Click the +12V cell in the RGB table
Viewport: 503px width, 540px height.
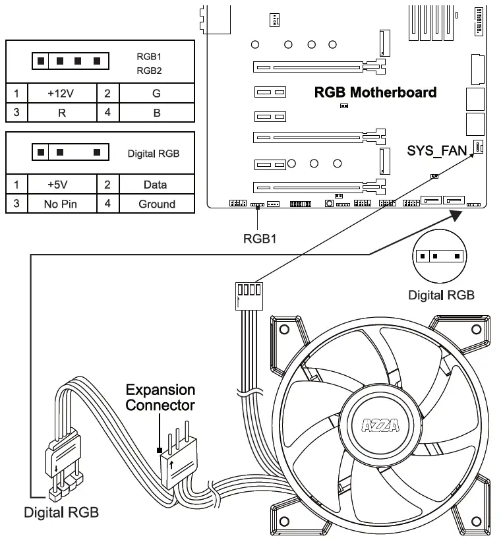pos(61,94)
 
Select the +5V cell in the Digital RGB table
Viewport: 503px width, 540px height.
pos(61,185)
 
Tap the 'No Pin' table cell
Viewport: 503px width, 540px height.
pos(61,204)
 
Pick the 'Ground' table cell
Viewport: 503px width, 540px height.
pos(157,204)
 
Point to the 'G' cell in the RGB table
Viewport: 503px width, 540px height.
pos(156,94)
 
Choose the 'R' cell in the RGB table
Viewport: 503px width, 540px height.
pos(61,112)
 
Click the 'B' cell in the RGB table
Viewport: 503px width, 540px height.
pos(157,112)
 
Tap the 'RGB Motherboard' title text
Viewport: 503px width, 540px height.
pos(375,92)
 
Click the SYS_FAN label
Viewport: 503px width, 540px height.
pos(437,151)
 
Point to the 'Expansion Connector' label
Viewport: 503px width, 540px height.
pos(160,397)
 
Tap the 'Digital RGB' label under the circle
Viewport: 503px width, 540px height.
pos(441,295)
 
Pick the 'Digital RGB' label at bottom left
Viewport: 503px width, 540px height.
pos(61,512)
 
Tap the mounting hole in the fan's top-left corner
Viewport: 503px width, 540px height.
pos(284,329)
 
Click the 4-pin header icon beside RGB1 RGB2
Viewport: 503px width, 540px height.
pos(69,62)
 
